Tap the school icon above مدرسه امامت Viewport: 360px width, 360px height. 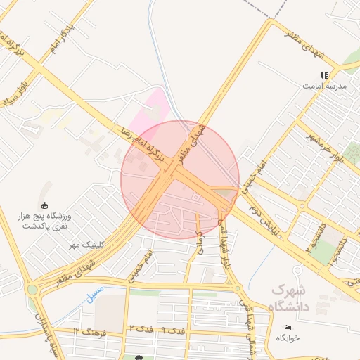point(324,75)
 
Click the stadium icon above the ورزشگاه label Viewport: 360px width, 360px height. point(45,205)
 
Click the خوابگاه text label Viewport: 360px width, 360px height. point(288,337)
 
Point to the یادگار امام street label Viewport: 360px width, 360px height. point(61,42)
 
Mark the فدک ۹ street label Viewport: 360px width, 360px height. point(173,329)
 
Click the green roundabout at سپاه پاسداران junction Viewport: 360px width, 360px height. point(31,289)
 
